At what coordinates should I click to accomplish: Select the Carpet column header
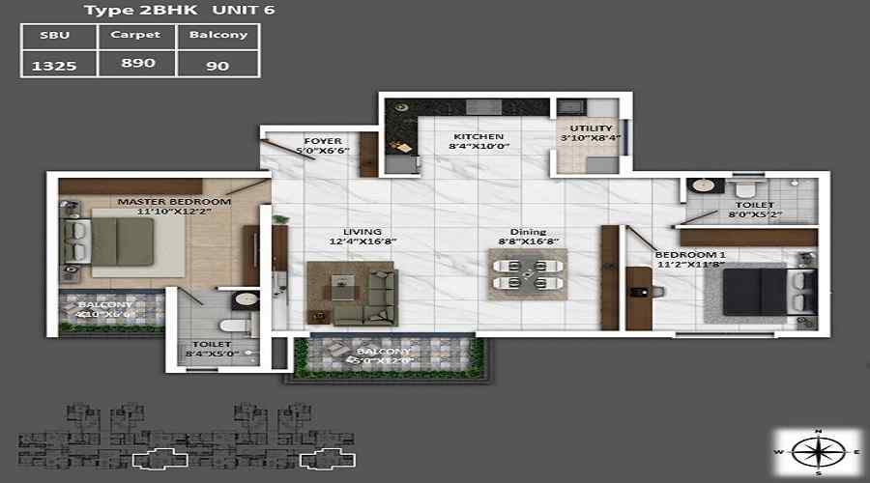click(137, 35)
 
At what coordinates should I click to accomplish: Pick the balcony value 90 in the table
click(218, 67)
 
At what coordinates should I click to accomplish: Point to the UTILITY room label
click(591, 128)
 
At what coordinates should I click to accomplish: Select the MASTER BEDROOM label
click(174, 202)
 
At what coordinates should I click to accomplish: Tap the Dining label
click(529, 232)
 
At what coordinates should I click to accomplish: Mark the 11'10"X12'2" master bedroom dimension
click(174, 212)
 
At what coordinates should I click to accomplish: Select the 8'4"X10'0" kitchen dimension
click(477, 148)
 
